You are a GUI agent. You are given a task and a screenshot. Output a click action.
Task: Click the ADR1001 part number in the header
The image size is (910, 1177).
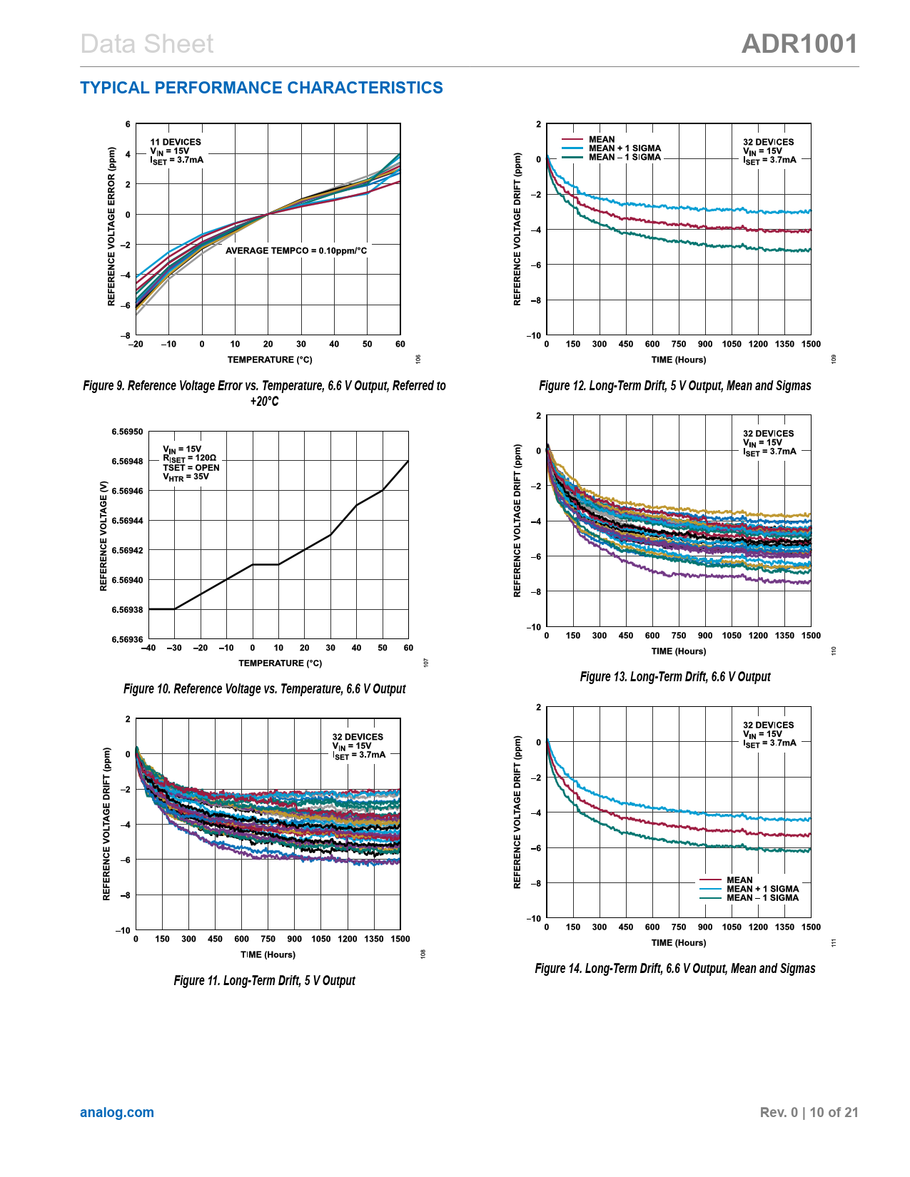(x=799, y=44)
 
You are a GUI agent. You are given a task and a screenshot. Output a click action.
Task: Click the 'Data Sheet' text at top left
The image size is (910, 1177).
(x=147, y=44)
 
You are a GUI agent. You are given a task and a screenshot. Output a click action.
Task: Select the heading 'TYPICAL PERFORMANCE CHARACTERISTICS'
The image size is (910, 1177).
(x=261, y=88)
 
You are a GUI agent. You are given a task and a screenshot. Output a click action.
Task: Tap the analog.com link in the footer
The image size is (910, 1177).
(x=117, y=1112)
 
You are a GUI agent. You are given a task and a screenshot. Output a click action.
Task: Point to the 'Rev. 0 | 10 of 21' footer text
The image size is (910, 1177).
(x=809, y=1112)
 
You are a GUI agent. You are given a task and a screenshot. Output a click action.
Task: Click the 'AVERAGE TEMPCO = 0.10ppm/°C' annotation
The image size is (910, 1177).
(x=296, y=250)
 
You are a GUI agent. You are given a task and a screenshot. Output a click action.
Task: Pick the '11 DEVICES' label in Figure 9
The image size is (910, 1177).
(x=176, y=142)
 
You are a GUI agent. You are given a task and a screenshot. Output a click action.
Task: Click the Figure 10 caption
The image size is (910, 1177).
(x=264, y=689)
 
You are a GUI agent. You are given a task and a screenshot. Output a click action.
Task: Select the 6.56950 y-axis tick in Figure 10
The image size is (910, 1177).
(x=127, y=432)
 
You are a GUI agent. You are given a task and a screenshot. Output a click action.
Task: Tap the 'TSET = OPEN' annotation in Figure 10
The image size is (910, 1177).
(x=191, y=468)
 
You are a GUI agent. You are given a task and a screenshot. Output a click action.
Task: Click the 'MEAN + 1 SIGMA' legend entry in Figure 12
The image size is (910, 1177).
(x=625, y=148)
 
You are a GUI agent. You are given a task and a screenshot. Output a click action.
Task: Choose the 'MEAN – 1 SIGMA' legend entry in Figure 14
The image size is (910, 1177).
(x=762, y=897)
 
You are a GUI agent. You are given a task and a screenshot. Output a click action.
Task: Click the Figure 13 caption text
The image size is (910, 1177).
(x=675, y=677)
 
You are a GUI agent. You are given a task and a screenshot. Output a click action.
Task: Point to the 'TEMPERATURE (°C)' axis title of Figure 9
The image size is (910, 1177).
(x=270, y=360)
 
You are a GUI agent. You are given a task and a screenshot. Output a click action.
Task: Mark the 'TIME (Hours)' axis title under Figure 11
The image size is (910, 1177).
(x=268, y=954)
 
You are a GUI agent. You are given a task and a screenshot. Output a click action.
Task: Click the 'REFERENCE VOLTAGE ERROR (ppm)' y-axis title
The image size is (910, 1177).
(x=111, y=227)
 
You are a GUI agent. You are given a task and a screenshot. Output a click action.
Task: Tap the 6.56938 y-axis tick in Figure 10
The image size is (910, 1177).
(x=127, y=610)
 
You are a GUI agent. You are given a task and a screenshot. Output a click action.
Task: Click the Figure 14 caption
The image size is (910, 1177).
(x=675, y=969)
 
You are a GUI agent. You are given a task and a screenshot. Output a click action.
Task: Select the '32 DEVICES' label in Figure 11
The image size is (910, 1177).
(x=358, y=737)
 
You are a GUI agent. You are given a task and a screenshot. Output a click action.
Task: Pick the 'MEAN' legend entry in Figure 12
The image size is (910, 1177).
(x=602, y=140)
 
